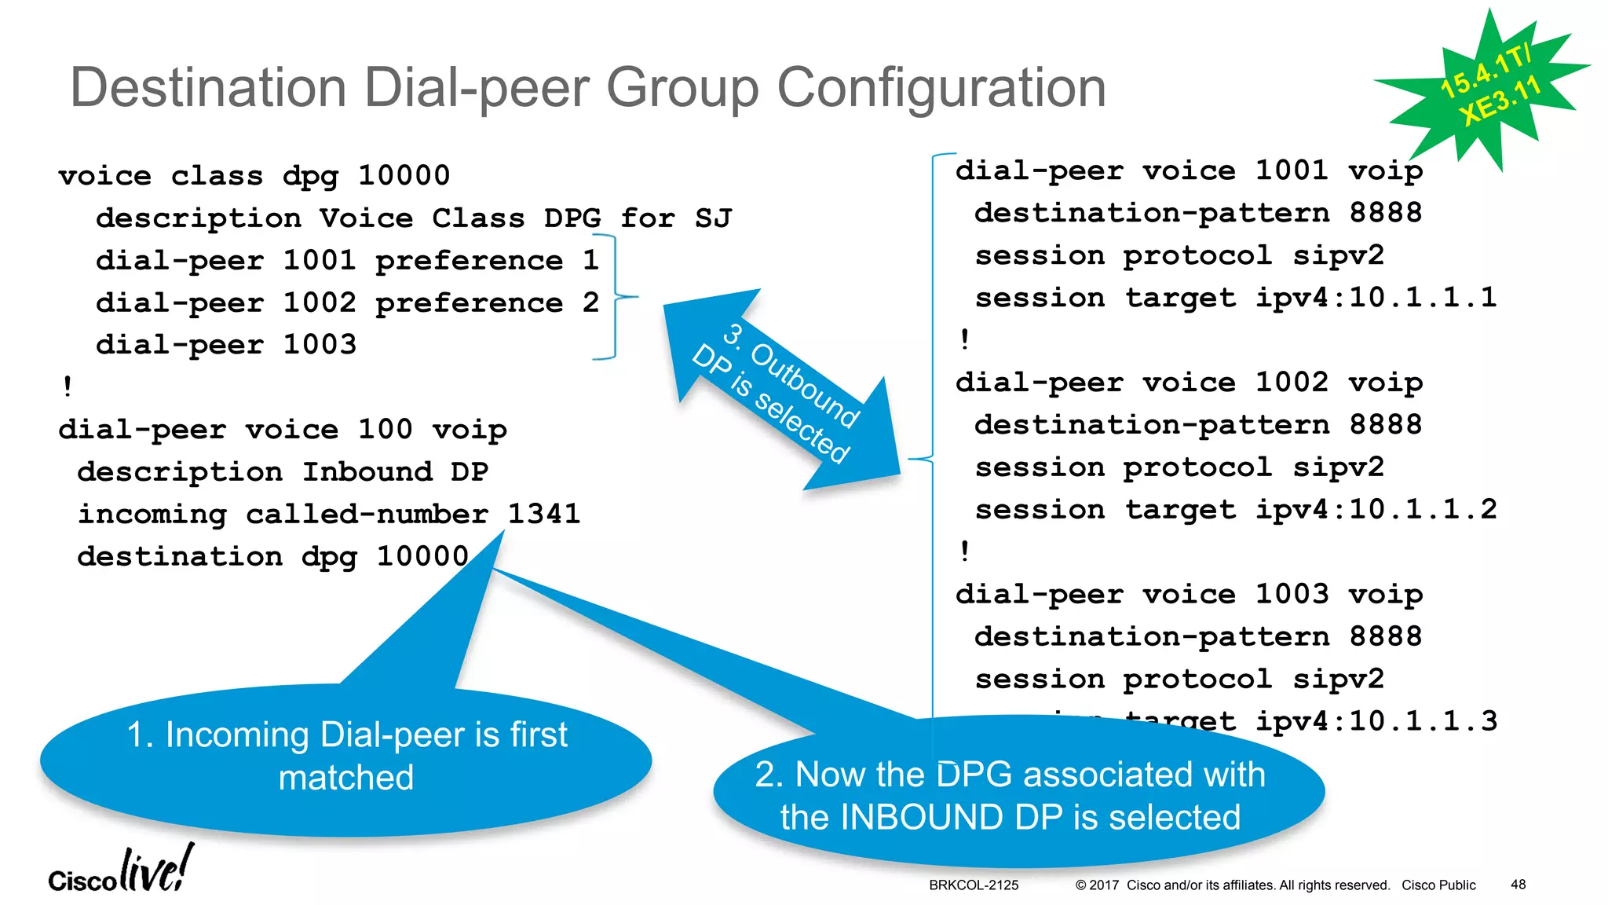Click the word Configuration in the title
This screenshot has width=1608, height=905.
(x=941, y=87)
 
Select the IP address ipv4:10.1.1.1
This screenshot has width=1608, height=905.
(x=1376, y=298)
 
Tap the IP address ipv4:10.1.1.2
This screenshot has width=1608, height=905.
(x=1376, y=510)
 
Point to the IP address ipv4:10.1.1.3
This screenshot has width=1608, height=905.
(x=1376, y=721)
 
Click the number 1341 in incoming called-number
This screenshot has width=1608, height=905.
(x=543, y=515)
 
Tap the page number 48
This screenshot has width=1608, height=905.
(x=1518, y=885)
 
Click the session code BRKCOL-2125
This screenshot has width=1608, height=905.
(x=974, y=885)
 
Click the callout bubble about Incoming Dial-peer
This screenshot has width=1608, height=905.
(x=345, y=757)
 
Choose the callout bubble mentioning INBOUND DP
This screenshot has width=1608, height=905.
(x=1018, y=793)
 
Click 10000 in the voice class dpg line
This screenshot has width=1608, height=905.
(x=404, y=176)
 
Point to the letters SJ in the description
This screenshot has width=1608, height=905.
(x=713, y=218)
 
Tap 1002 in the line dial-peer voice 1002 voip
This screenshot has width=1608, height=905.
(x=1292, y=383)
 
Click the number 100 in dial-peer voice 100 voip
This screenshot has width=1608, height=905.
(x=385, y=430)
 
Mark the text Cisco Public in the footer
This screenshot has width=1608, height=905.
(x=1438, y=885)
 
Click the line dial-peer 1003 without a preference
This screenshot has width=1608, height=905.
(x=226, y=345)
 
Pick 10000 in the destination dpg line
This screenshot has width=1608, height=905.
(x=422, y=557)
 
